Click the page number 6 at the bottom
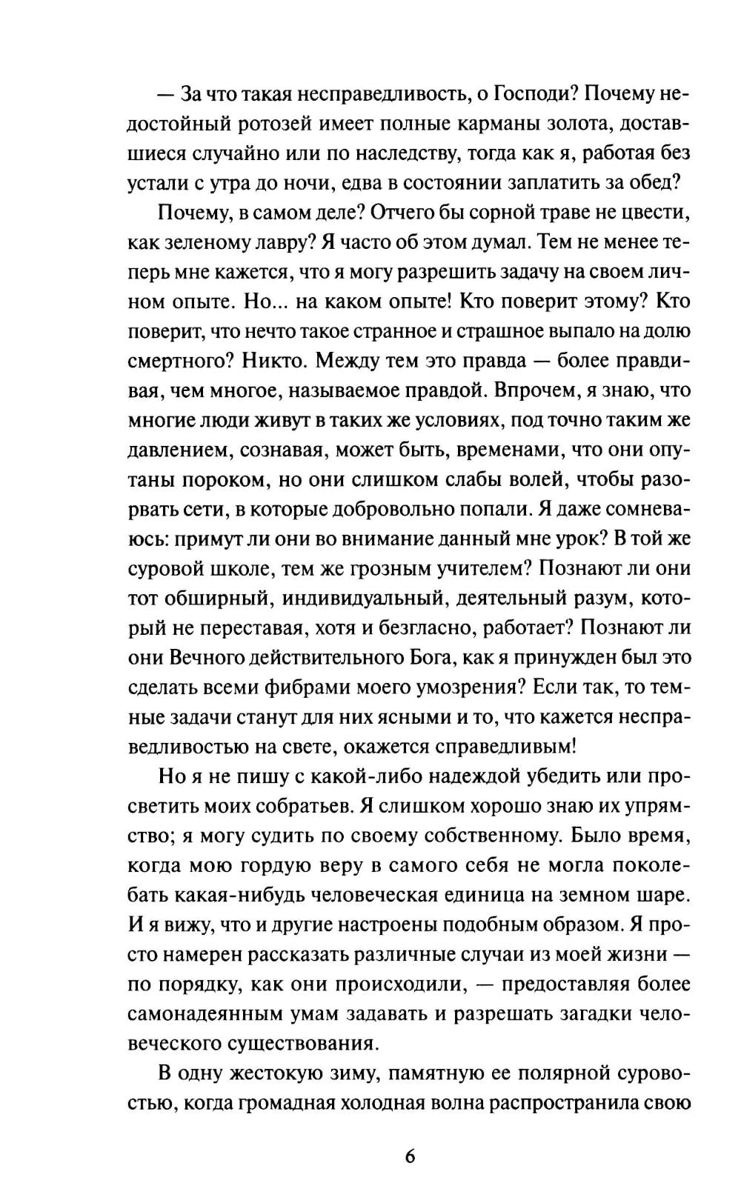coord(410,1157)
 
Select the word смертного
coord(173,361)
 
